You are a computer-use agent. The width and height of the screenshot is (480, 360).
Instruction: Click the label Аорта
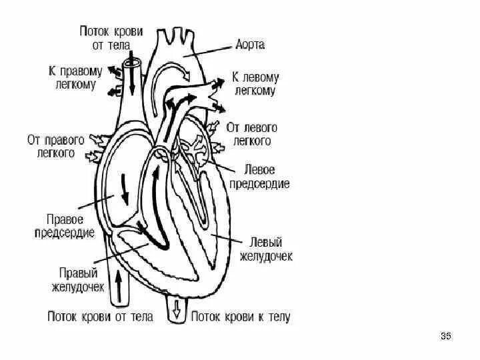pos(250,45)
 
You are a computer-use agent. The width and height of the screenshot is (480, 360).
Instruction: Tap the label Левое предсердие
pos(259,177)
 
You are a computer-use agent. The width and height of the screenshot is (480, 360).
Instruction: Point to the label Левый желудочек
pos(265,248)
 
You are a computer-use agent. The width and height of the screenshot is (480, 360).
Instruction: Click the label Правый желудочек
pos(78,280)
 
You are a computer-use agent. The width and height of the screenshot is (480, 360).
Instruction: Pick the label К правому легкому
pos(75,77)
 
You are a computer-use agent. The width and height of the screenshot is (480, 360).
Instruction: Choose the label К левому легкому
pos(253,84)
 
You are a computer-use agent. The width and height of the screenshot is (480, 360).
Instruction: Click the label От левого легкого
pos(252,133)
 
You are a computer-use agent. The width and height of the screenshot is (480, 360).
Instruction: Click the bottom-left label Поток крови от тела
pos(100,317)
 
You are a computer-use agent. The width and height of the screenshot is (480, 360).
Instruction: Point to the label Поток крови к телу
pos(241,317)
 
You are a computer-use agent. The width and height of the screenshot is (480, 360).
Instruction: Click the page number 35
pos(446,336)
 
